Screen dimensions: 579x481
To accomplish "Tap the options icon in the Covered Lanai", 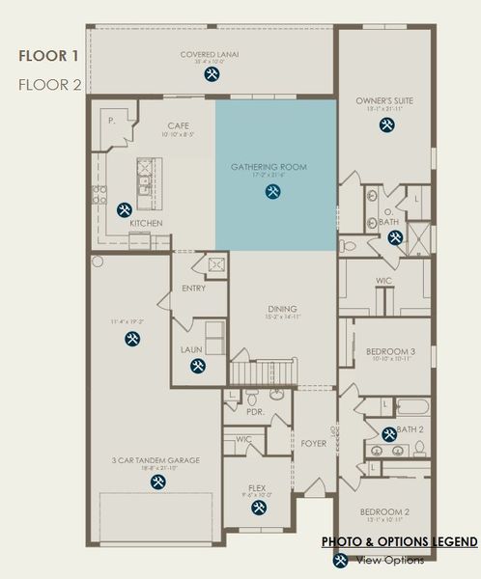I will click(x=212, y=74).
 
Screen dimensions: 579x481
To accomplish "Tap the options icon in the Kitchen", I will click(x=125, y=209).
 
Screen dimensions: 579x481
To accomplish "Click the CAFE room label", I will click(x=179, y=125).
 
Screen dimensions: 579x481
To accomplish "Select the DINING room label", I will click(x=281, y=309).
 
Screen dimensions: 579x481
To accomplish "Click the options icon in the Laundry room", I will click(x=198, y=366).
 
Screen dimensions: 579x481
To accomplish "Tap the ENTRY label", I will click(x=193, y=288).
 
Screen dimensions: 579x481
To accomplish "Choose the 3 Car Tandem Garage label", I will click(x=157, y=460).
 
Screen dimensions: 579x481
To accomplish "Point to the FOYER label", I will click(x=314, y=444).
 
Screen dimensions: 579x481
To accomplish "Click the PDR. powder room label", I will click(x=256, y=410).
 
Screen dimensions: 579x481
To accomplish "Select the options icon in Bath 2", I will click(x=388, y=434).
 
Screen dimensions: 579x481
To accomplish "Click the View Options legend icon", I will click(x=341, y=560).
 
